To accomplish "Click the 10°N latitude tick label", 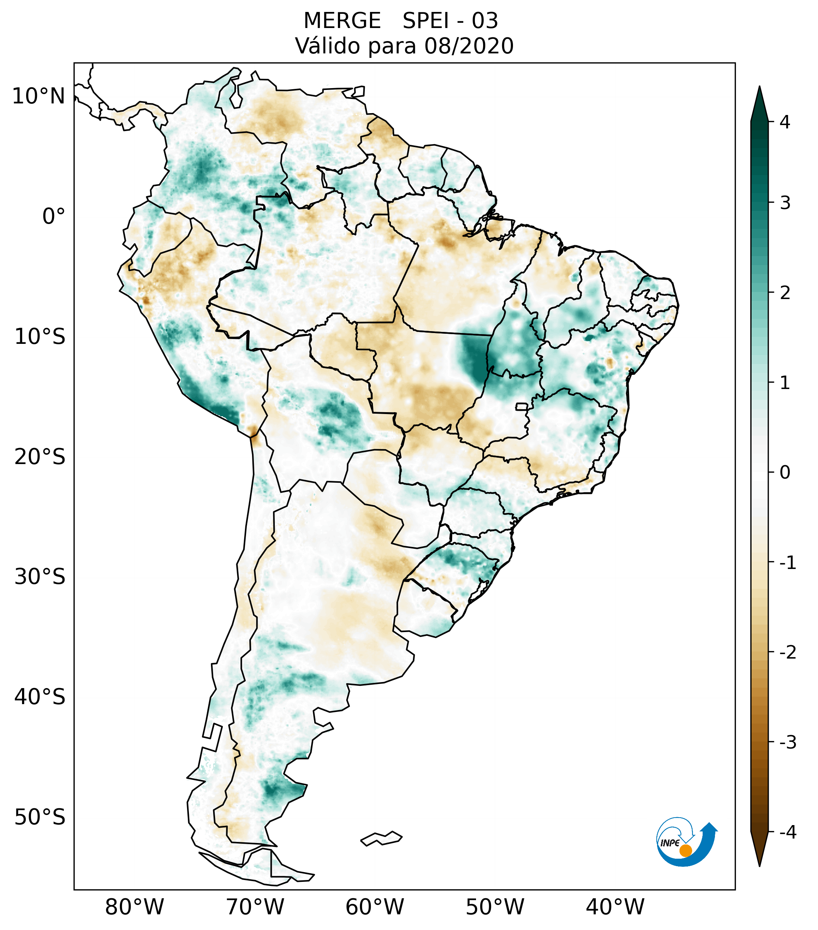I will point(39,96).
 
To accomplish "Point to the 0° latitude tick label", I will point(53,217).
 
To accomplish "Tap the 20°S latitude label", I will point(40,457).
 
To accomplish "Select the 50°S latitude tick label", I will point(40,818).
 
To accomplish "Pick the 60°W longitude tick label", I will point(374,907).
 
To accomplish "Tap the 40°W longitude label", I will point(615,907).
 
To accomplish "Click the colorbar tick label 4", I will point(785,122).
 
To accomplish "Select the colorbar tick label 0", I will point(785,473).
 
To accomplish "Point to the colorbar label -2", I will point(787,653).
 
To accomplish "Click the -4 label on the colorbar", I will point(787,833).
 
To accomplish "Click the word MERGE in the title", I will point(342,21).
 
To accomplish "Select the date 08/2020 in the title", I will point(469,46).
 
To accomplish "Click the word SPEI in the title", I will point(425,21).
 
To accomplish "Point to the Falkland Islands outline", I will point(381,838).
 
